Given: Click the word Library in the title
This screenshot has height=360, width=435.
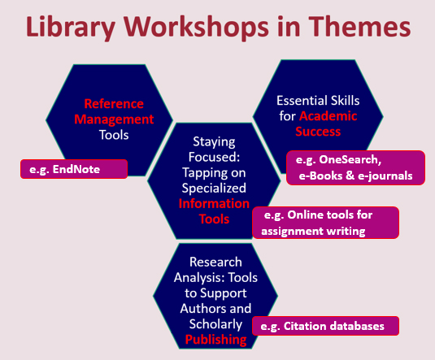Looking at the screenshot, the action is pos(71,27).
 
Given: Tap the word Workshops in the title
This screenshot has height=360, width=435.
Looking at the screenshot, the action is pos(197,27).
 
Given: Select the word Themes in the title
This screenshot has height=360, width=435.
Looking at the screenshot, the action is pos(359,26).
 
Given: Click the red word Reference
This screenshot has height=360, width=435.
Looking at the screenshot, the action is pos(114,104).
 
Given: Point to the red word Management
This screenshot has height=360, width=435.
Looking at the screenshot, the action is pos(114,119).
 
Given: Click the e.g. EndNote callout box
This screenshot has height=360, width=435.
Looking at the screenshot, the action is pos(74,169).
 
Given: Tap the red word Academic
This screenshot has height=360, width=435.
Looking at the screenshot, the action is pos(328,116).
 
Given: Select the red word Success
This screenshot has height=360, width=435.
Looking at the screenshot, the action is pos(318,131).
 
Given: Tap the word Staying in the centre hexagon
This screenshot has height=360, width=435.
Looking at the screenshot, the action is pos(214,141).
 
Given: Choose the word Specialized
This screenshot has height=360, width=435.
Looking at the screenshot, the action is pos(214,189).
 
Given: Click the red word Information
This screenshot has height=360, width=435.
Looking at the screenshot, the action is pos(214,204).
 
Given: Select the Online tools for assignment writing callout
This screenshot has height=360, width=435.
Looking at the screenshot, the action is pos(326,223).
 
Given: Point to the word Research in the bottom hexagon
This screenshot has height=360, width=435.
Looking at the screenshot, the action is pos(215,262).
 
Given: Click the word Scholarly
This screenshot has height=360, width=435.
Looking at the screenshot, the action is pos(215,324).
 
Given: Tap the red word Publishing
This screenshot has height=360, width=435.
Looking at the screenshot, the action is pos(215,340).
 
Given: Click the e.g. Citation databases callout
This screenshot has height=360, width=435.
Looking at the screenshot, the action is pos(326,326).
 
